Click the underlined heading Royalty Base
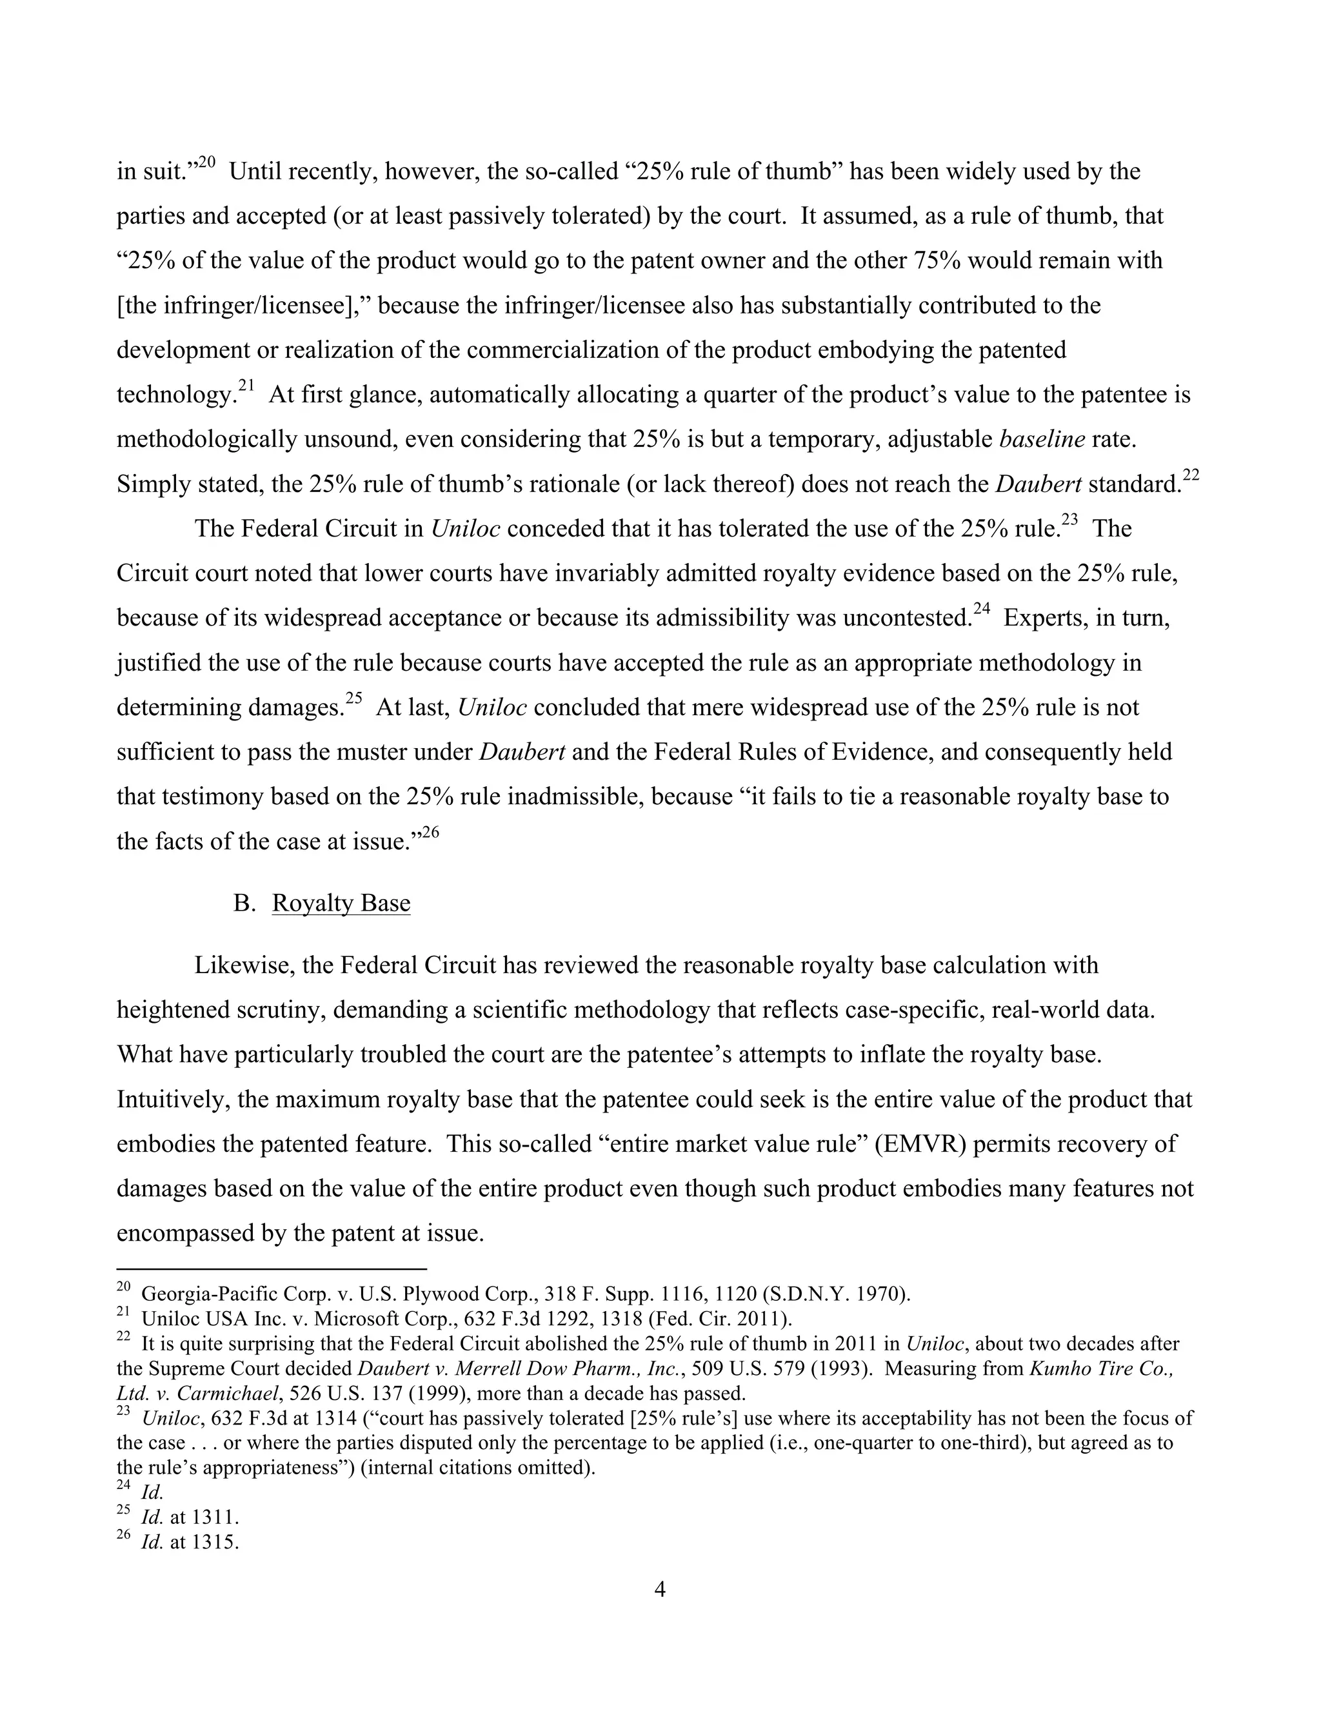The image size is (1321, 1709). click(341, 903)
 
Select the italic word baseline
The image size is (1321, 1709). click(1042, 439)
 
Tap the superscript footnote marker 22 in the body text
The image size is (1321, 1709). click(1190, 475)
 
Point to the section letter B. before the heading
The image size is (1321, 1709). click(244, 903)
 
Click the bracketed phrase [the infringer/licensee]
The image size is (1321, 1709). click(243, 305)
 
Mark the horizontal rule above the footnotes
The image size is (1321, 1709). click(271, 1269)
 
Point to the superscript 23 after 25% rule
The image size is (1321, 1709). click(1070, 520)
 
